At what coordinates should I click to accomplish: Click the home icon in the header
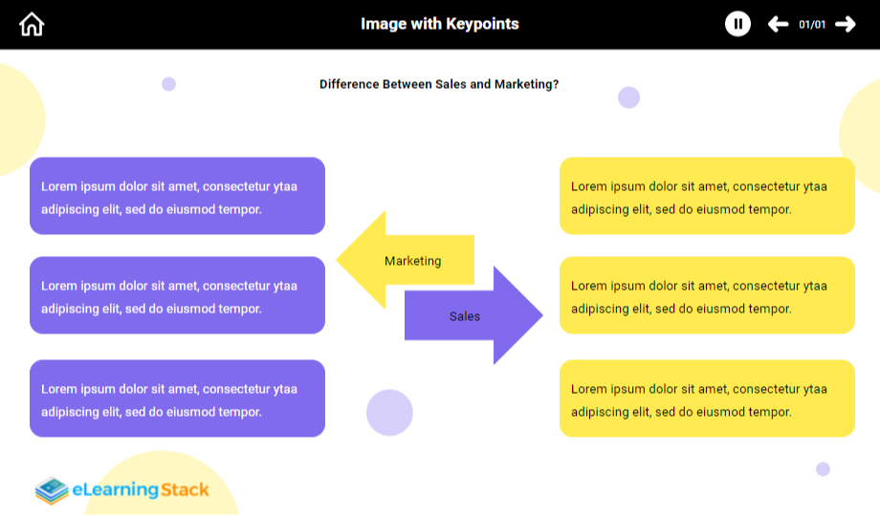coord(32,24)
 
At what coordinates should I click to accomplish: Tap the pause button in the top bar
coord(737,24)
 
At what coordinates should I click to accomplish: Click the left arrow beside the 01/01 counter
coord(778,24)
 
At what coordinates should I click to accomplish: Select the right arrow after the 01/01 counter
coord(846,24)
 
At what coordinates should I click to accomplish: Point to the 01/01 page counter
coord(812,24)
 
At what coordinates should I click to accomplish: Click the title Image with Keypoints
coord(440,24)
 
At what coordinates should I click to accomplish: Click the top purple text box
coord(177,196)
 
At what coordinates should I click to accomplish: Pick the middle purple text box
coord(177,295)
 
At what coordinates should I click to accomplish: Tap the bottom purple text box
coord(177,398)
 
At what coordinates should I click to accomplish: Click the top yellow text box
coord(707,196)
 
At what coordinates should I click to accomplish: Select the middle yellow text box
coord(707,295)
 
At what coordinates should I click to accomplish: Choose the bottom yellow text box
coord(707,398)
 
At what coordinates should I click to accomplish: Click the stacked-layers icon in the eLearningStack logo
coord(52,490)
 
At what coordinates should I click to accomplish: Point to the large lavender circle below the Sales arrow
coord(389,413)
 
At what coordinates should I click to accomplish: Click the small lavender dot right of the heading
coord(628,97)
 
